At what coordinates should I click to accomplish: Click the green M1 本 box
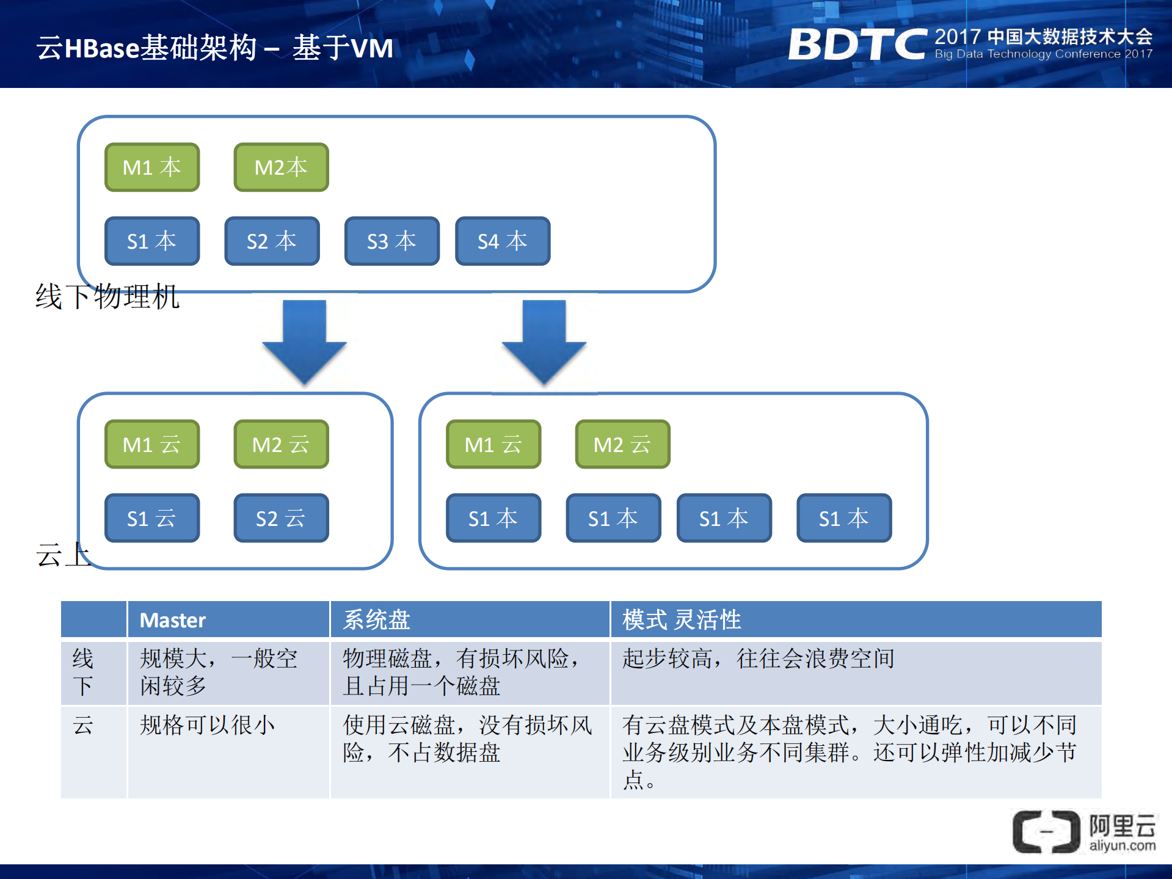pos(152,167)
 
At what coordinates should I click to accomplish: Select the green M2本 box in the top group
pos(281,167)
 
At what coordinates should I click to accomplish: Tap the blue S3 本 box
pos(391,241)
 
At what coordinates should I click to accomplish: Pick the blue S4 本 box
pos(502,241)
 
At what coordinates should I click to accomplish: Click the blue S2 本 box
pos(272,241)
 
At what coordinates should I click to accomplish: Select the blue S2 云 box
pos(281,518)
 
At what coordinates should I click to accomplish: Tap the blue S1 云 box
pos(152,518)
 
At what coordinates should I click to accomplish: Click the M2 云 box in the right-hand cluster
pos(622,444)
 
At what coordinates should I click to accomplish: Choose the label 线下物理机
pos(107,297)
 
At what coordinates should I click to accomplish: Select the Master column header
pos(173,620)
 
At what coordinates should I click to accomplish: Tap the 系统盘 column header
pos(376,620)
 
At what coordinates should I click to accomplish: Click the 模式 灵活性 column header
pos(681,620)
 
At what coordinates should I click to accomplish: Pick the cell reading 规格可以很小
pos(207,725)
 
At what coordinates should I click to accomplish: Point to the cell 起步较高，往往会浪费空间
pos(758,658)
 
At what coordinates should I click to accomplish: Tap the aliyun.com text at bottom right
pos(1122,846)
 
